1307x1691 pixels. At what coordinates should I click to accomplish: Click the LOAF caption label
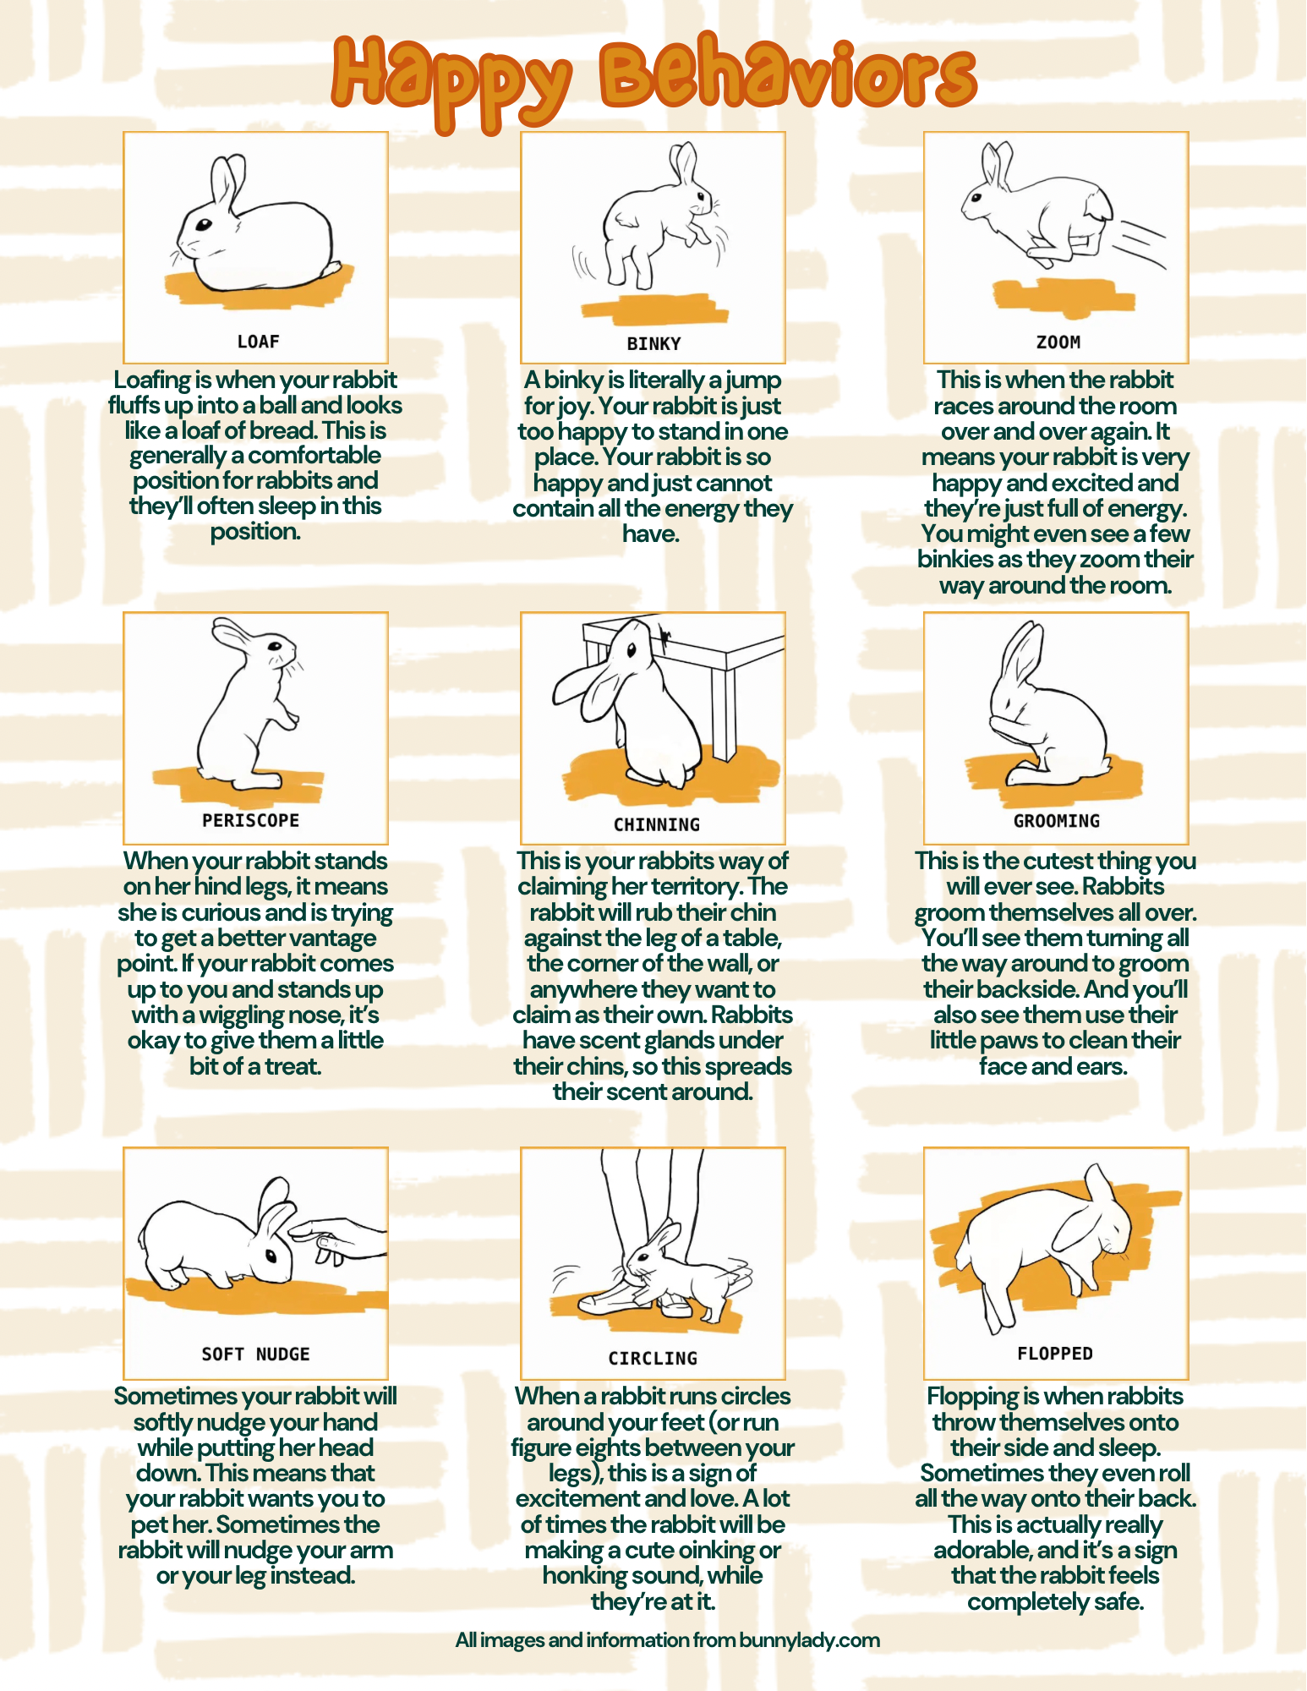(x=258, y=342)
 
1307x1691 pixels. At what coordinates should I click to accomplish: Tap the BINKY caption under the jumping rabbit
(x=653, y=343)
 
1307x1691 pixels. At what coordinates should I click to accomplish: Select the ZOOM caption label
(x=1058, y=342)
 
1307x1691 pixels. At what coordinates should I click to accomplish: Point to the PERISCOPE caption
(x=250, y=820)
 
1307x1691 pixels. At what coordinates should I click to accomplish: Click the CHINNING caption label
(x=656, y=824)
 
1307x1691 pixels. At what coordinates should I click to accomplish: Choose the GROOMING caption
(x=1057, y=821)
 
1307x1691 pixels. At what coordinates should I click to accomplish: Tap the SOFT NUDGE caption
(x=255, y=1354)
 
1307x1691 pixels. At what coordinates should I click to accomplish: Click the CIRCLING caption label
(x=653, y=1358)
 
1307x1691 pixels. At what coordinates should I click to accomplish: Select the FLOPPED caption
(x=1055, y=1353)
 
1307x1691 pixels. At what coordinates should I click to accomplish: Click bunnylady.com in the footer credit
(x=809, y=1640)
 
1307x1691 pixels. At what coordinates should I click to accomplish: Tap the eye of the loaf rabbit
(x=204, y=225)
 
